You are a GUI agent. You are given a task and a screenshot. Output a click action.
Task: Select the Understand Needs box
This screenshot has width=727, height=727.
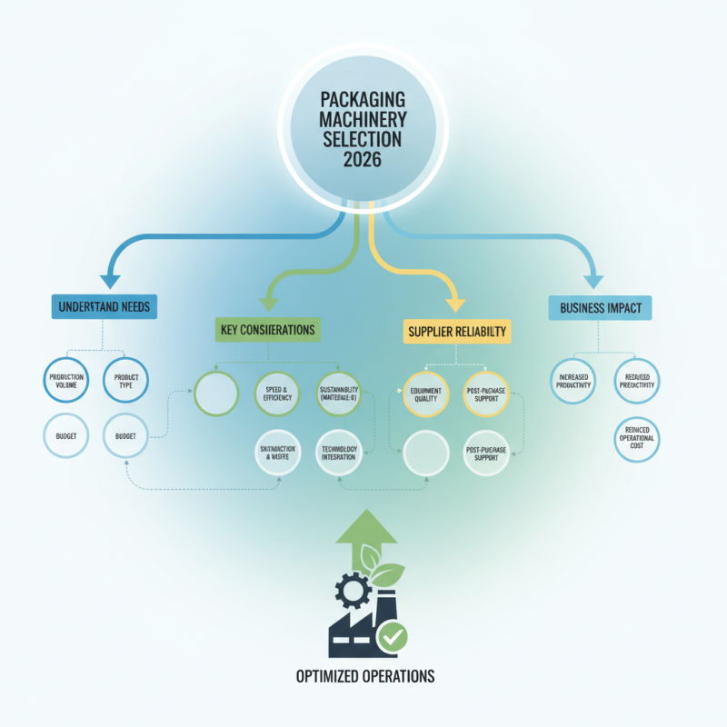click(x=105, y=307)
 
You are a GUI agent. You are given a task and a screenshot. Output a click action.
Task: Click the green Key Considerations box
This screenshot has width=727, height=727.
click(x=267, y=329)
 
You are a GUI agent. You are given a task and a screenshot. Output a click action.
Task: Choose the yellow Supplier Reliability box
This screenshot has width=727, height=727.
click(x=456, y=331)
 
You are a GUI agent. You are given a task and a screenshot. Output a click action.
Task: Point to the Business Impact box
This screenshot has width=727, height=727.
click(x=601, y=308)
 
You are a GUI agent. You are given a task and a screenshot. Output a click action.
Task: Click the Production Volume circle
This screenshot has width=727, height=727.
click(x=65, y=380)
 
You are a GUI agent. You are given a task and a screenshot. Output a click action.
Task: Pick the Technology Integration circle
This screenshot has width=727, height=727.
click(x=338, y=450)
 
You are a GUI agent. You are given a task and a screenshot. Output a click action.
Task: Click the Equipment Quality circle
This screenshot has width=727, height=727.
click(x=425, y=393)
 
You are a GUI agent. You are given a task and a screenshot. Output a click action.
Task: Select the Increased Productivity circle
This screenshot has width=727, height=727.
click(x=575, y=380)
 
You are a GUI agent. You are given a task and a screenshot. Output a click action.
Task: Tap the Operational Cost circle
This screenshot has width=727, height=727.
click(x=636, y=438)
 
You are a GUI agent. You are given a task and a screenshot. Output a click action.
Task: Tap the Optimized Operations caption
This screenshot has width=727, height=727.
click(x=364, y=676)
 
